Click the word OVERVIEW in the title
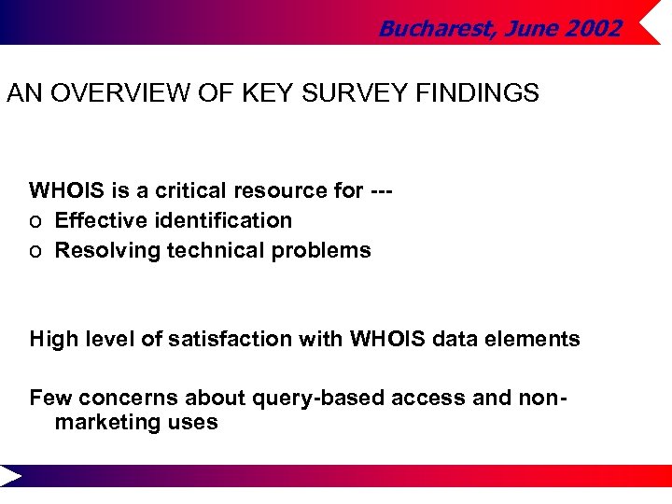pos(107,93)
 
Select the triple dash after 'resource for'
pos(381,190)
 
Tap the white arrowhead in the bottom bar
pos(10,476)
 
